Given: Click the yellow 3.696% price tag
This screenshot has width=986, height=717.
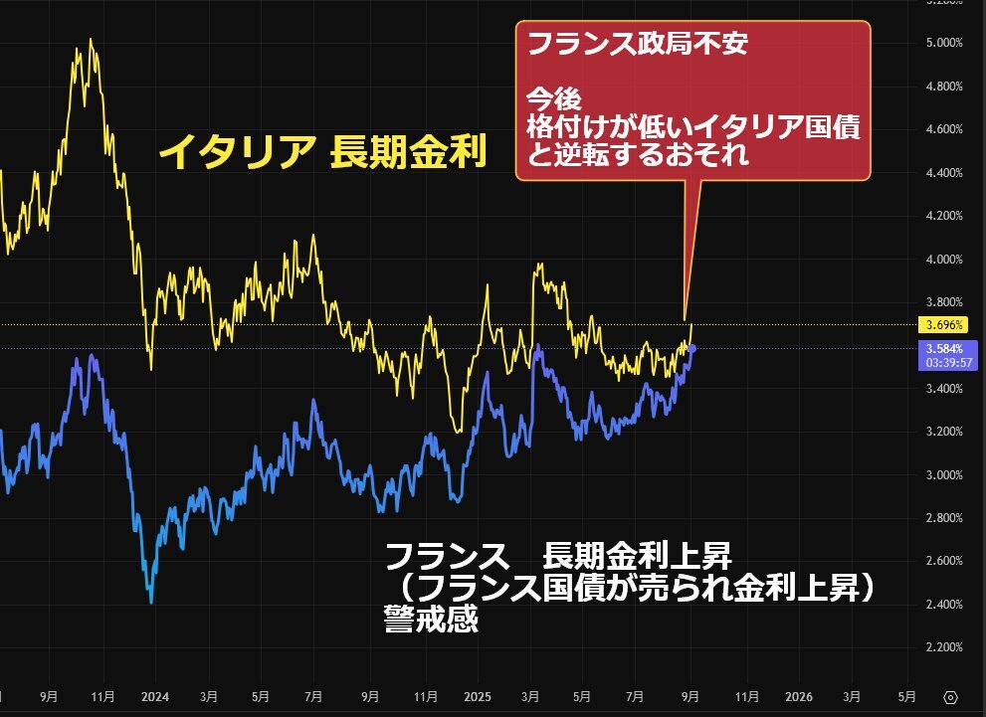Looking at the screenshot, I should [x=939, y=324].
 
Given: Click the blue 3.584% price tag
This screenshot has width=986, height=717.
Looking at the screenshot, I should [x=939, y=348].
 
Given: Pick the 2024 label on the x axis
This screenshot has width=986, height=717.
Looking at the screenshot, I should [x=155, y=696].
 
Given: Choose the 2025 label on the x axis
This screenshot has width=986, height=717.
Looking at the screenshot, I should [x=478, y=696].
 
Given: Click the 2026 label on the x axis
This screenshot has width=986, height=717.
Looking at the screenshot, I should [x=800, y=696].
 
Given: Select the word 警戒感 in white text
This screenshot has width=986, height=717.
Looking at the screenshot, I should [x=431, y=621].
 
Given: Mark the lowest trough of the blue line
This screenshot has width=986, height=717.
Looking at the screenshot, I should [x=150, y=603].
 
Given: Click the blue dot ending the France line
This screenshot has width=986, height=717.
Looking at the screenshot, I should [x=692, y=347].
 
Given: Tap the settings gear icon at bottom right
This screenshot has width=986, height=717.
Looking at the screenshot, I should [x=950, y=696].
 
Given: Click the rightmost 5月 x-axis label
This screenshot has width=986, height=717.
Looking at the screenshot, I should [x=906, y=696].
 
